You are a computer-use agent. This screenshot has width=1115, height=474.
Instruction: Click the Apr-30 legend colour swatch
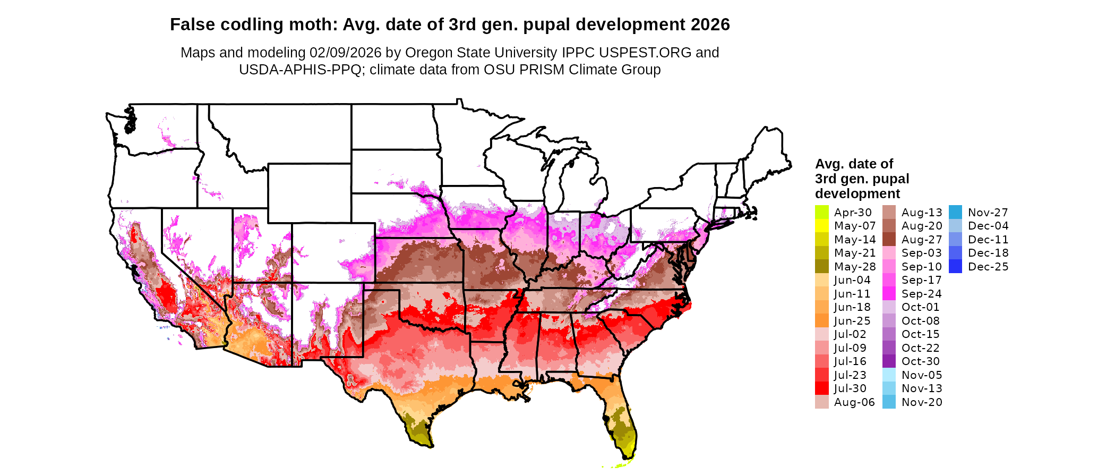[821, 212]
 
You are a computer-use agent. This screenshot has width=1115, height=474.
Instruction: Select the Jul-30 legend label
[850, 388]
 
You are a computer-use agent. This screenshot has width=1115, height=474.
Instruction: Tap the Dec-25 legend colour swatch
[955, 266]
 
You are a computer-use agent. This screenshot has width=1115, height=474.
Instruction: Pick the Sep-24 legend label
[921, 293]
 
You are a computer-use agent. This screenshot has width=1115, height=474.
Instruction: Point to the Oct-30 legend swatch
[889, 361]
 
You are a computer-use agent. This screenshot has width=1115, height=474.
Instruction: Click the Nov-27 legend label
[988, 212]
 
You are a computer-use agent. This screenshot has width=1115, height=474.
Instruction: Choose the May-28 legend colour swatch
[821, 266]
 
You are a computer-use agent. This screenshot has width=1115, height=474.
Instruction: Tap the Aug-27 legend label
[921, 239]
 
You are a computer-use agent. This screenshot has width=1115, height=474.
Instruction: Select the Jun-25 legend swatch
[821, 320]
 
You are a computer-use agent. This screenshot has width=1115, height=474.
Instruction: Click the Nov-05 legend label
[921, 375]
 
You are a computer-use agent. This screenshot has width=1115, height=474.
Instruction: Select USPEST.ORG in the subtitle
[645, 53]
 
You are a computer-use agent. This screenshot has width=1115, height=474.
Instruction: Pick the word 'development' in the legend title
[857, 193]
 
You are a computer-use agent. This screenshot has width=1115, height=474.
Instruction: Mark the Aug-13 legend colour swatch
[889, 212]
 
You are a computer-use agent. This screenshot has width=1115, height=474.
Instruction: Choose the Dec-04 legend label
[988, 226]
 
